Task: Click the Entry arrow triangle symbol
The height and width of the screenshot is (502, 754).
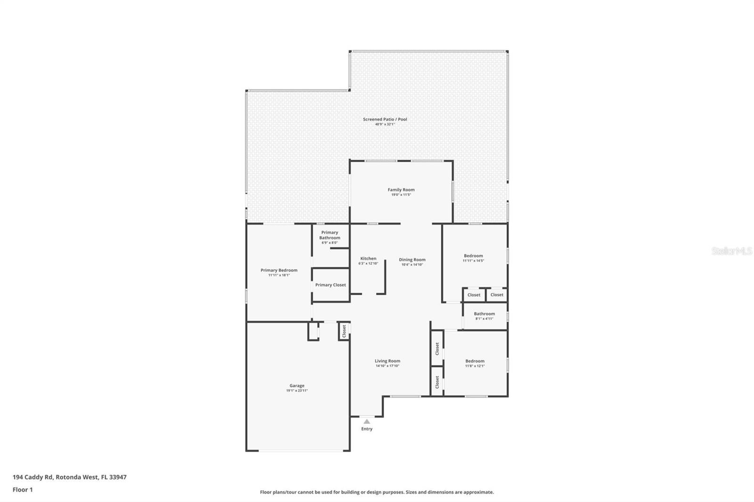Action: (367, 421)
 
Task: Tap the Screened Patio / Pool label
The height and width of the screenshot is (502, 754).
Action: (385, 119)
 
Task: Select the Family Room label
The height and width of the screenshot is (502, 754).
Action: (401, 190)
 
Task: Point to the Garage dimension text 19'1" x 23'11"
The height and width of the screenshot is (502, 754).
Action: (297, 390)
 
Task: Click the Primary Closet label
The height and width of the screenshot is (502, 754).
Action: (330, 285)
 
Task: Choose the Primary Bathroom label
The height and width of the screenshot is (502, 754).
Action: (329, 235)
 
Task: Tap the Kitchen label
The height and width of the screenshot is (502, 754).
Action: (368, 259)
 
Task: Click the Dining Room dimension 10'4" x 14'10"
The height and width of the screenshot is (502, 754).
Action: (412, 265)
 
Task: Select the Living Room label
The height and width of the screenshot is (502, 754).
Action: (387, 361)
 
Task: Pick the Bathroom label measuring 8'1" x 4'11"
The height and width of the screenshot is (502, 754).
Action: (484, 314)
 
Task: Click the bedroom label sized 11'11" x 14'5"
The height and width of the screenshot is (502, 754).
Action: (473, 256)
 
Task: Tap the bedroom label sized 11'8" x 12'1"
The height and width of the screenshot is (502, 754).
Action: (475, 361)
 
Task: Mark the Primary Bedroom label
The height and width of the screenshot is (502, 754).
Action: (279, 270)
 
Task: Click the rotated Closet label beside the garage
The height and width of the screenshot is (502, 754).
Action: (344, 331)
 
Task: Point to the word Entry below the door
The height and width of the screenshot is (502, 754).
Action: (367, 429)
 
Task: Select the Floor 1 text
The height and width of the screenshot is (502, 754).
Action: (23, 490)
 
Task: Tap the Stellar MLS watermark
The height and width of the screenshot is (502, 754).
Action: (731, 251)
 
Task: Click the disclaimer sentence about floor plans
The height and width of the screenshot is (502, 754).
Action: (377, 492)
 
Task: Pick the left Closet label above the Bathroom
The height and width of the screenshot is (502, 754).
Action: (474, 295)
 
